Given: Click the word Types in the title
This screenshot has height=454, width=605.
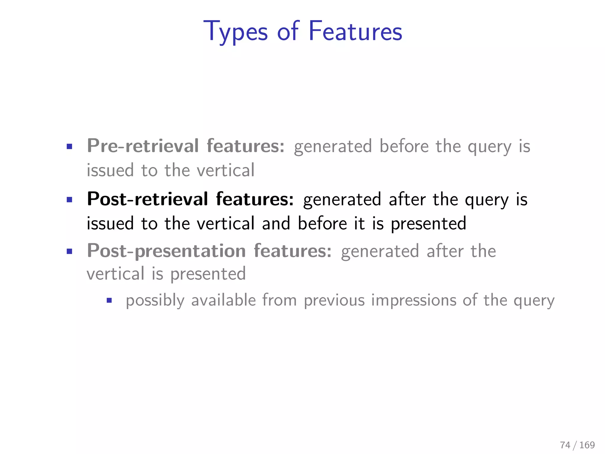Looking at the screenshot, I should click(236, 32).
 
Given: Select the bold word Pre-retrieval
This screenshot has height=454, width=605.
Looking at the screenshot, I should click(143, 146).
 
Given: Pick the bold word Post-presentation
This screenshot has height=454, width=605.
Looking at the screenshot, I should click(166, 251).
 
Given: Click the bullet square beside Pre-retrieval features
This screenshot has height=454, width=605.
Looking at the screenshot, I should click(69, 147).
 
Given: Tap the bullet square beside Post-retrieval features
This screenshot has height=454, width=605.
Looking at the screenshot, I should click(69, 200).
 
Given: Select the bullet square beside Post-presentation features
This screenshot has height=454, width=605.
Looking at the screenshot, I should click(69, 252).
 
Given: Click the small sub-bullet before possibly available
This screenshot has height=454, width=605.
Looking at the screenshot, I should click(109, 301).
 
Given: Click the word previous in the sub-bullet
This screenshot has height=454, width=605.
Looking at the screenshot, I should click(334, 300).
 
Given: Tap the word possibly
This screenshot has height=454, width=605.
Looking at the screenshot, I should click(155, 301).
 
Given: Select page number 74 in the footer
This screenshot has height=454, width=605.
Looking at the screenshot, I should click(565, 445).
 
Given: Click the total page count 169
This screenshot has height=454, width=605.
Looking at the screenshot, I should click(587, 445).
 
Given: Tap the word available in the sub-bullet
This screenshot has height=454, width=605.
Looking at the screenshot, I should click(223, 300).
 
